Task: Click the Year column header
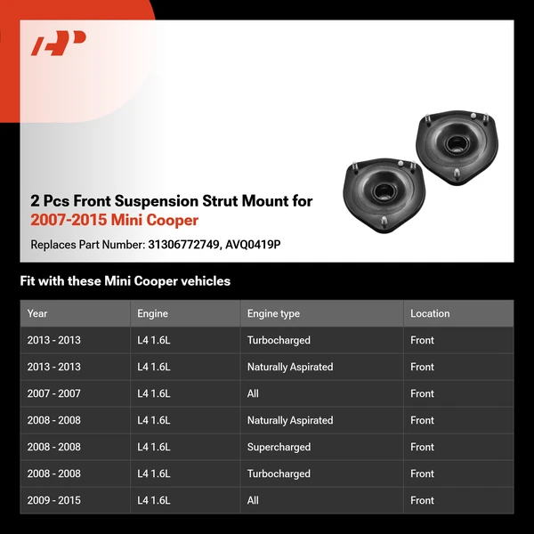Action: click(37, 313)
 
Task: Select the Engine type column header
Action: click(273, 313)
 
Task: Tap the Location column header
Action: click(430, 313)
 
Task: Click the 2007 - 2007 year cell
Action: click(53, 393)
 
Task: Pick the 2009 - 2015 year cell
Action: click(53, 500)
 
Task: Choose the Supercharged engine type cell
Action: click(279, 447)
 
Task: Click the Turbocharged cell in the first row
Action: click(279, 340)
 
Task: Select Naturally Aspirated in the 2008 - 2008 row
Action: click(290, 420)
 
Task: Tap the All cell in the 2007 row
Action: click(253, 393)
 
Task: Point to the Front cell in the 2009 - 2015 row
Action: click(422, 500)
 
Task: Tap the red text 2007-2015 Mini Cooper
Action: click(114, 220)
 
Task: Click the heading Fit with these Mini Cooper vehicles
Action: click(125, 281)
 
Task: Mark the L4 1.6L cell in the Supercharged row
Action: click(154, 447)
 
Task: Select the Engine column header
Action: click(152, 313)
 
